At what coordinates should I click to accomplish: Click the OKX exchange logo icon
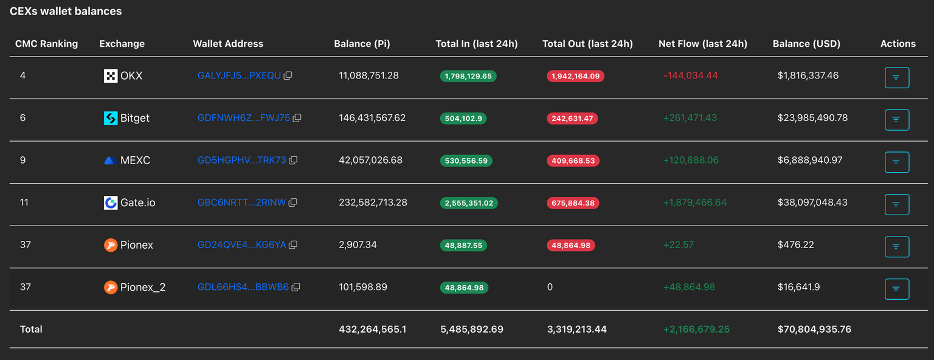111,76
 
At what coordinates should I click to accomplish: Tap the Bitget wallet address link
244,118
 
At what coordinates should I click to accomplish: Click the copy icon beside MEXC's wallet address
293,161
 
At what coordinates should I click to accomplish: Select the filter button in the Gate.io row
896,204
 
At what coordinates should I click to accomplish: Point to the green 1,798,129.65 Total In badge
468,76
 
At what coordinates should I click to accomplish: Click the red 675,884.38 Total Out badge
573,203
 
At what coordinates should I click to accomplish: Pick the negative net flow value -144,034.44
691,75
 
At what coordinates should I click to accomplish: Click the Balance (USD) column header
806,44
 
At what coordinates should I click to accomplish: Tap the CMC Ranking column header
47,44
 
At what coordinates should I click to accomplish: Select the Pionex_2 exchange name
143,287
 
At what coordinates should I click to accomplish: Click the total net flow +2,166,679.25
696,329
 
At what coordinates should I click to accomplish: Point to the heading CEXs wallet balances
66,11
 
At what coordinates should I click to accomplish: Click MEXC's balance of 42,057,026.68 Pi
370,160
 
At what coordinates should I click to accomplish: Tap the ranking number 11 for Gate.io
24,202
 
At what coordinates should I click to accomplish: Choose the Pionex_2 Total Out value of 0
550,287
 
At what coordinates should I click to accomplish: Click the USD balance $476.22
795,244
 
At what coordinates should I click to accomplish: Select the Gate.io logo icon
111,203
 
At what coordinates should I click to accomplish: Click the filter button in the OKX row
896,77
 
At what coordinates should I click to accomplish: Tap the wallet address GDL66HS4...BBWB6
243,287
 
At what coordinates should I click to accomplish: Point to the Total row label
31,329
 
